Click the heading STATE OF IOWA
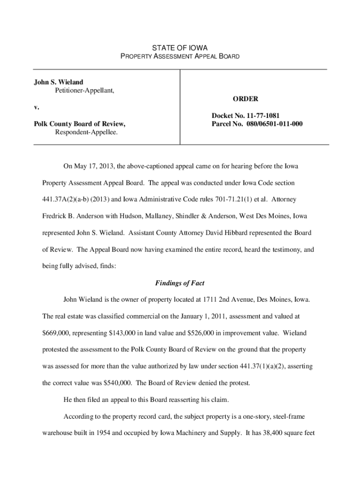click(180, 48)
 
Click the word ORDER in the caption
click(245, 99)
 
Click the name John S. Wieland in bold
click(58, 82)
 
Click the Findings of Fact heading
click(180, 283)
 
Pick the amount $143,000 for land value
click(124, 333)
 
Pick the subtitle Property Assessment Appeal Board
click(180, 57)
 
